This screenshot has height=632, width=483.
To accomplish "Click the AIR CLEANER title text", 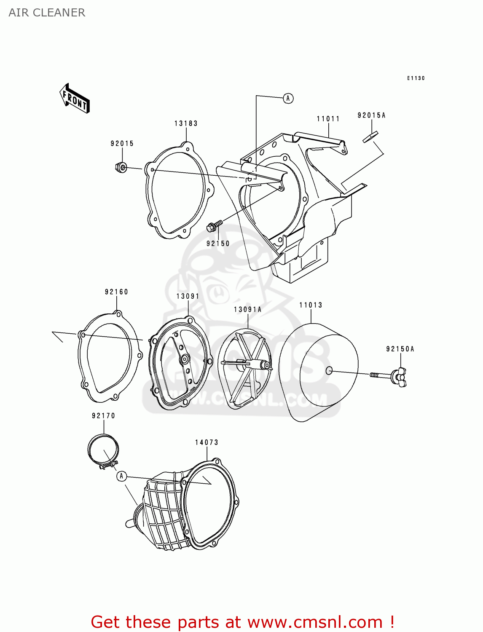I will [47, 13].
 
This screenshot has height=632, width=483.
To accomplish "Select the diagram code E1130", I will [416, 78].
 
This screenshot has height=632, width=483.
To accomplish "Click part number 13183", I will [186, 123].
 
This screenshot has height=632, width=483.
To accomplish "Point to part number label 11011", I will [328, 119].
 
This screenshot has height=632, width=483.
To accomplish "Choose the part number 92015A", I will [371, 115].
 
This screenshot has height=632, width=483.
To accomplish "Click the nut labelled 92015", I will [121, 167].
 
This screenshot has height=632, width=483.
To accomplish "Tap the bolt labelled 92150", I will [214, 226].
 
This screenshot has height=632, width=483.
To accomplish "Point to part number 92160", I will [116, 292].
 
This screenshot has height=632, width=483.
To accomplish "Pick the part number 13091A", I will [247, 310].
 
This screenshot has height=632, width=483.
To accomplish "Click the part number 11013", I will [311, 305].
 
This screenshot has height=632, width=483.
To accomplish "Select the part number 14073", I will [207, 442].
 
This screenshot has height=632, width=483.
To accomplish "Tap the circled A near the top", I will [288, 99].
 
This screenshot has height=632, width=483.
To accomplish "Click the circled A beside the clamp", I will [121, 476].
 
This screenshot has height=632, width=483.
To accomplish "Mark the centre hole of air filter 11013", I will [329, 371].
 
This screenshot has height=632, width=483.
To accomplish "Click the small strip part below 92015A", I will [370, 137].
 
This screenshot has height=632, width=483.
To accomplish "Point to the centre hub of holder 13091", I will [184, 359].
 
